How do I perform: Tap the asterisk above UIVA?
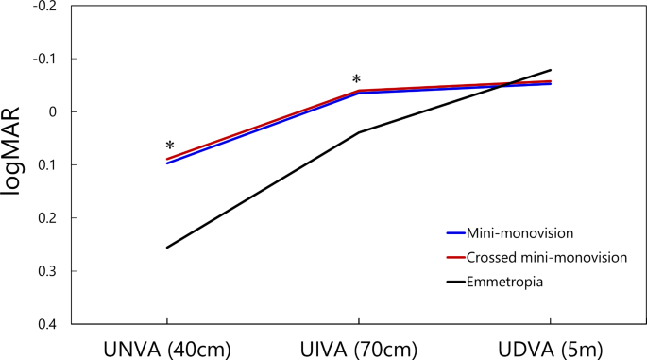pyautogui.click(x=356, y=80)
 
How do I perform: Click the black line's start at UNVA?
pyautogui.click(x=167, y=248)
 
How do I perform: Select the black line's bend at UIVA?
pyautogui.click(x=359, y=132)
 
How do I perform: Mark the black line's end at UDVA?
pyautogui.click(x=551, y=70)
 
